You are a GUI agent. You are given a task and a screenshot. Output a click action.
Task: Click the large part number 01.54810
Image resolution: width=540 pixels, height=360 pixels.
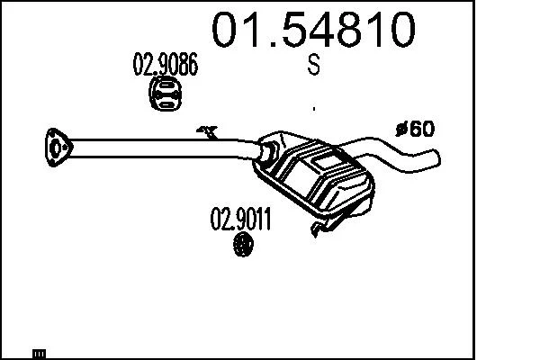313,30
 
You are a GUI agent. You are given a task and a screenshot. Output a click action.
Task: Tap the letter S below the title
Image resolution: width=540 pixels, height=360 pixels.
314,65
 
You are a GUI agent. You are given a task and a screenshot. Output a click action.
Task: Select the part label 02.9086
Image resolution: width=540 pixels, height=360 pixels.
166,64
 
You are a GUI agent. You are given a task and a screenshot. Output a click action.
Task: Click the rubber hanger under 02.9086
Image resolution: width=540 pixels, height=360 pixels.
166,94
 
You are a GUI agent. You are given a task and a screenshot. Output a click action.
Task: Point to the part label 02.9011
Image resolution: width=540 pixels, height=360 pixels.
240,219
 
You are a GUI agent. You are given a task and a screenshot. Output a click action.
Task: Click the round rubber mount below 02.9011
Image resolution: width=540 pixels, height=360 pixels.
244,244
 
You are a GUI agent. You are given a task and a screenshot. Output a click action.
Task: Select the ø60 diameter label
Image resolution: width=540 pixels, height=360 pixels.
415,129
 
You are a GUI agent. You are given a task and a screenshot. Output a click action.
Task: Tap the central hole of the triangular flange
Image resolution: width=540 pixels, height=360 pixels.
56,148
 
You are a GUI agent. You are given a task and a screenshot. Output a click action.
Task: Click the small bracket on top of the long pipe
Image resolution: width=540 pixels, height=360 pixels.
207,132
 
